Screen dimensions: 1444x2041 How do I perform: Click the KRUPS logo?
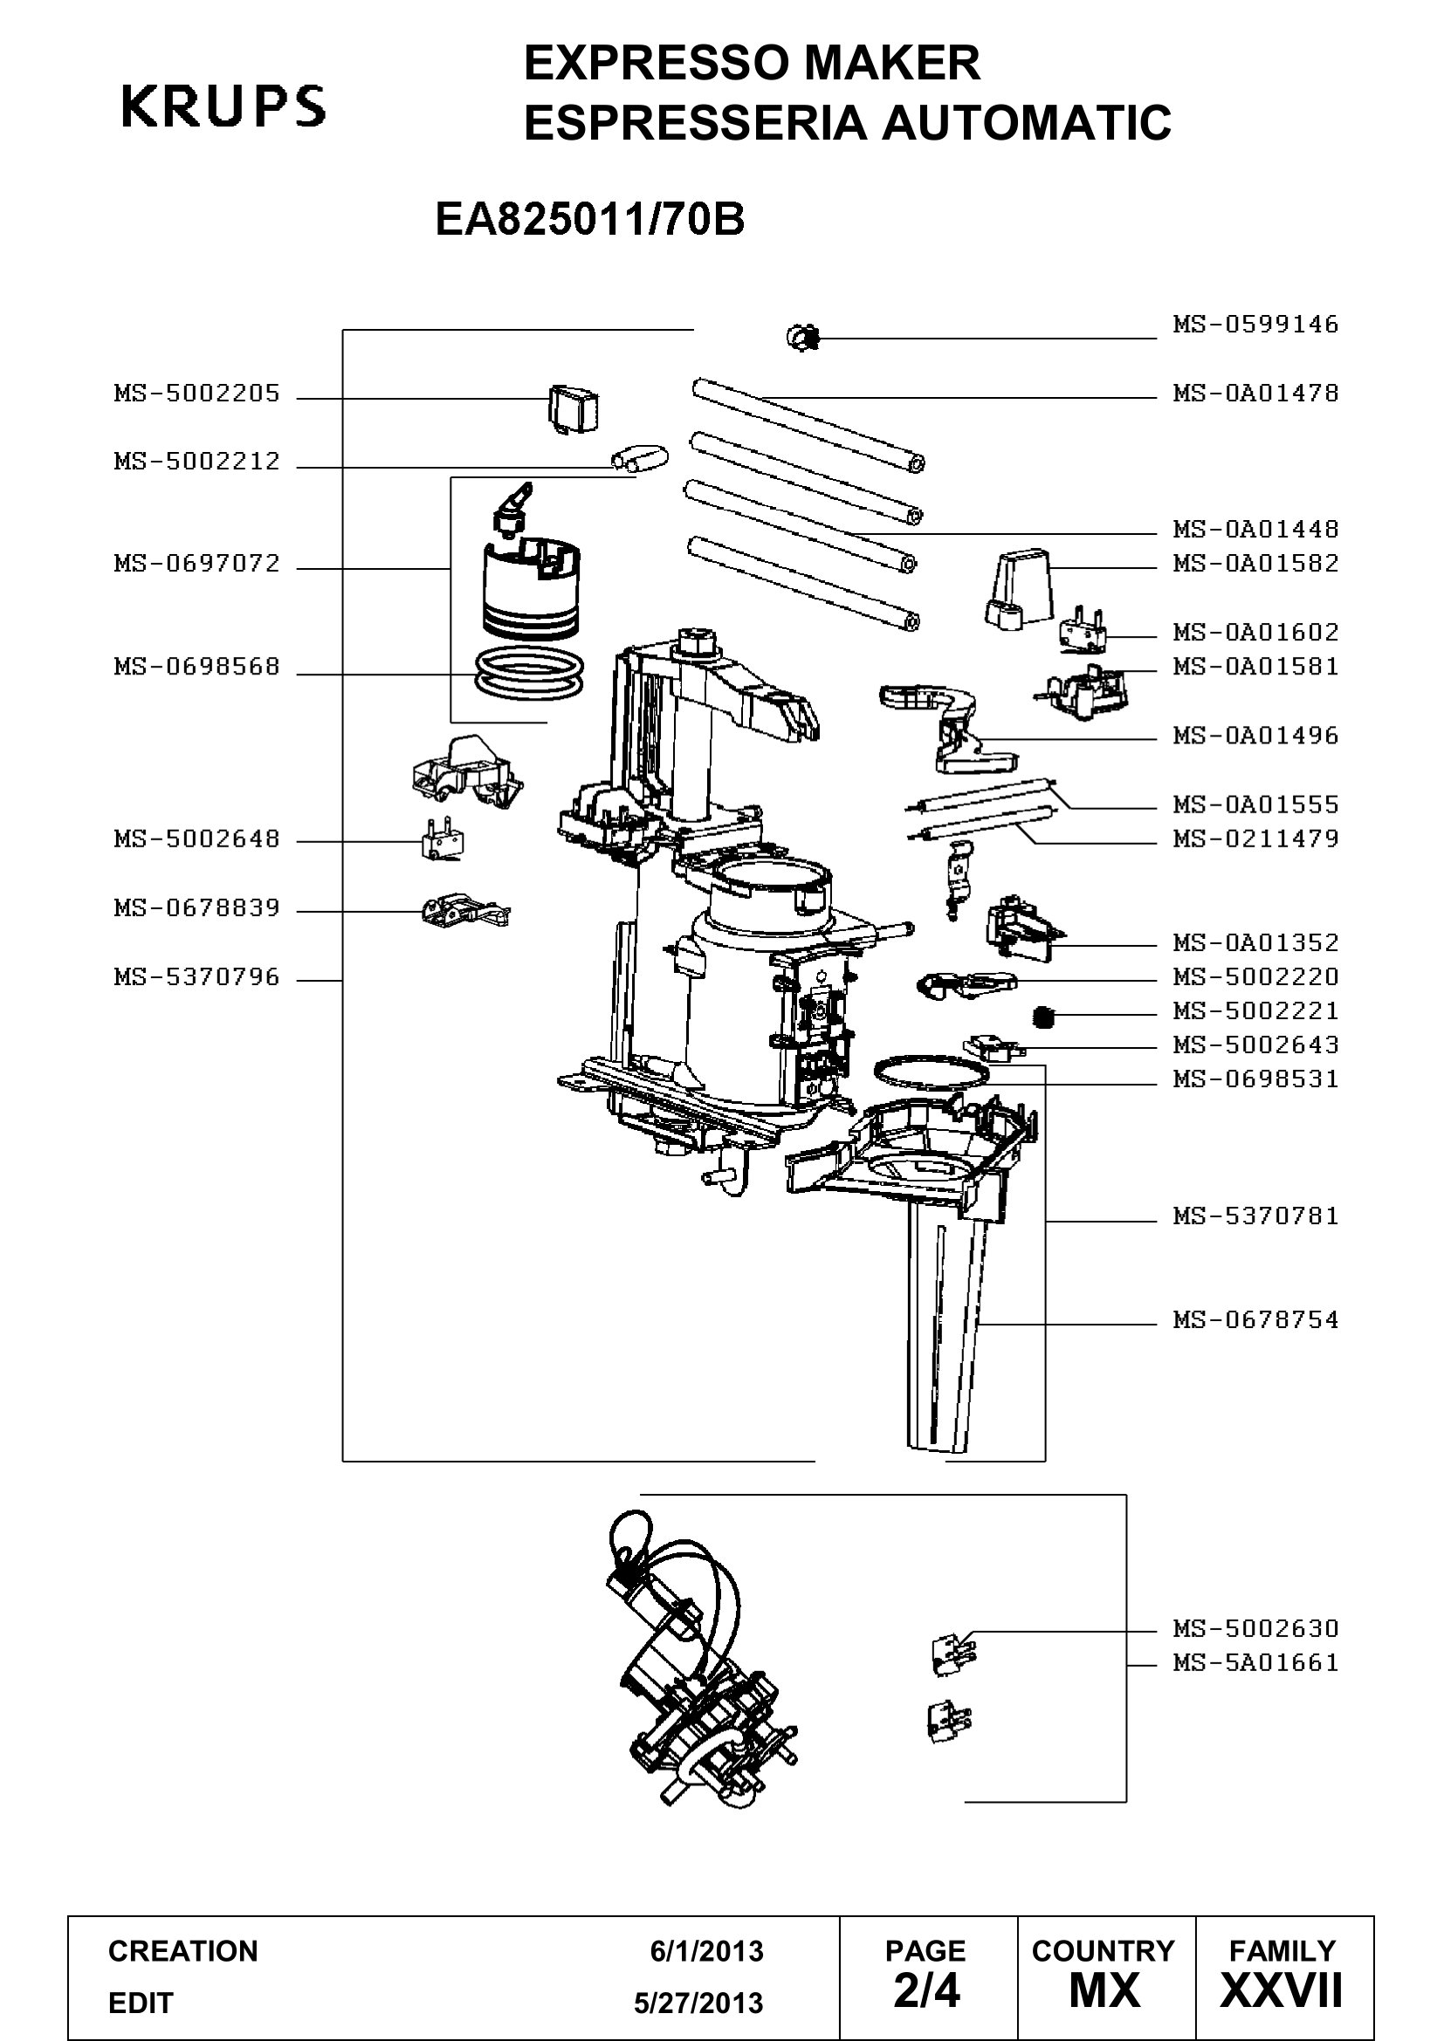point(223,106)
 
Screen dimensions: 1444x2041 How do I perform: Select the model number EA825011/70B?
point(589,220)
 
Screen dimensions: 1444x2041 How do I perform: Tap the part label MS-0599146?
point(1255,324)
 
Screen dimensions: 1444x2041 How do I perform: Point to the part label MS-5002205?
point(196,393)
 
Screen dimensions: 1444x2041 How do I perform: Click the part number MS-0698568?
point(196,667)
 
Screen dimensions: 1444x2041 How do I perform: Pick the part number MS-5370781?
point(1255,1216)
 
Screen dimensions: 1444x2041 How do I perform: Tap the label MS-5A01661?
point(1255,1662)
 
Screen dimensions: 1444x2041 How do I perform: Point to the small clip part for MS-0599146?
point(803,338)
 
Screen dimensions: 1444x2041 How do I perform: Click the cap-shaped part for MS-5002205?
point(573,408)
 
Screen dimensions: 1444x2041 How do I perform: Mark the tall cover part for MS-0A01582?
point(1018,588)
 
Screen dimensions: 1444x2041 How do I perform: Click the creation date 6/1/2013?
point(707,1951)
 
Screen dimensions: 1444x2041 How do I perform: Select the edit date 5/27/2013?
point(699,2003)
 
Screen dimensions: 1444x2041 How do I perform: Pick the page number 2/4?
point(926,1992)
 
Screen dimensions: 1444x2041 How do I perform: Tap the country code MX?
point(1104,1992)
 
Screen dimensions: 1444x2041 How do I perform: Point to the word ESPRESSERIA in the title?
point(695,123)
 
